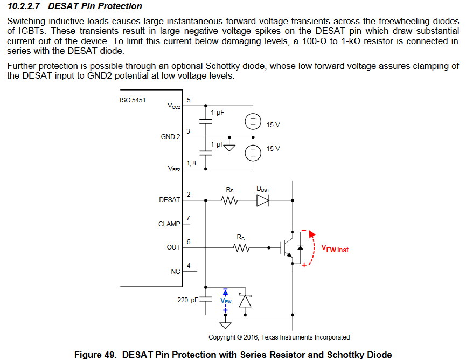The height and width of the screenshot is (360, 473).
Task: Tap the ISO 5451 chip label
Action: point(133,100)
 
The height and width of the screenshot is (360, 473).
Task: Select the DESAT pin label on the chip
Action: point(170,199)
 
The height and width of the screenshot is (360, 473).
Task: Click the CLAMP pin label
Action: point(169,224)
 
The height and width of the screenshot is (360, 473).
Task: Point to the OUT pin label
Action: point(173,247)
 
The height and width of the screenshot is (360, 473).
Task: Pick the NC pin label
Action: point(176,271)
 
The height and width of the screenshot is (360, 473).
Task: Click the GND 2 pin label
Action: point(170,137)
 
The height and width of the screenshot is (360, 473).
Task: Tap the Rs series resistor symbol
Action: point(230,200)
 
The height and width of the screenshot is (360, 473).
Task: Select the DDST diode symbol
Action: point(262,200)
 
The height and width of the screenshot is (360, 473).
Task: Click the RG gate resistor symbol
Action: point(241,248)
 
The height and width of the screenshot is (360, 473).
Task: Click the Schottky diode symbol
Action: point(246,300)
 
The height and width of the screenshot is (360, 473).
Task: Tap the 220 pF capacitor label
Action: point(187,300)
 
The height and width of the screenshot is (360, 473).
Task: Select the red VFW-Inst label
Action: point(335,250)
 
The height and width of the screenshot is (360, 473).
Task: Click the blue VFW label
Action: point(226,301)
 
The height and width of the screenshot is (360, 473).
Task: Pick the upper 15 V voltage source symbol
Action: point(251,122)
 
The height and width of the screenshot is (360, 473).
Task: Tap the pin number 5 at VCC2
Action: point(188,100)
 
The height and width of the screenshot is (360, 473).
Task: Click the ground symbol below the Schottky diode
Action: point(226,325)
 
